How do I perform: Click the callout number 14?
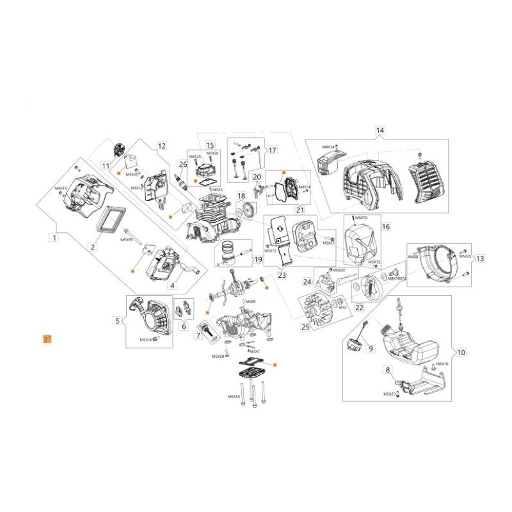(x=380, y=131)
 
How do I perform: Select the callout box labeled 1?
(x=55, y=237)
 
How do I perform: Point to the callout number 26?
(x=183, y=164)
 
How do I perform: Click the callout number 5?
(x=117, y=321)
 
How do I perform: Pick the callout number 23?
(x=282, y=276)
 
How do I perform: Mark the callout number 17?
(x=254, y=150)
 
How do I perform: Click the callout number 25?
(x=305, y=327)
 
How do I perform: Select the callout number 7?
(x=199, y=335)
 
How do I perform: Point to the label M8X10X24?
(x=397, y=279)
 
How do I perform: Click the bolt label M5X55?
(x=234, y=397)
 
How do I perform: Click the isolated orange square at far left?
(x=45, y=339)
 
